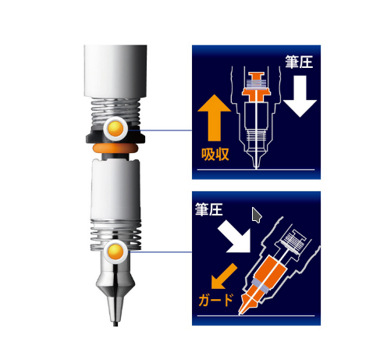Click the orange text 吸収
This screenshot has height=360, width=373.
coord(215,155)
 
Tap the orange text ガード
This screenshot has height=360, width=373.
coord(215,300)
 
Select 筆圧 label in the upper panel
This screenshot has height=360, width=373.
coord(299,62)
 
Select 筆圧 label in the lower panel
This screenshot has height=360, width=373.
coord(209,209)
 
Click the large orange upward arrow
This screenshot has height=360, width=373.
coord(215,118)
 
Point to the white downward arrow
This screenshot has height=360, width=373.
coord(300,96)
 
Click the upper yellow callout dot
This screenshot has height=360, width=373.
coord(115,129)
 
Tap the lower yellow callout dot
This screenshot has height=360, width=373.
coord(115,252)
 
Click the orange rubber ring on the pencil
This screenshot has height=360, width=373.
coord(115,148)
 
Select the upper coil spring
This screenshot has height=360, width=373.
coord(115,112)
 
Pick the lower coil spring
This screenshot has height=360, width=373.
coord(116,235)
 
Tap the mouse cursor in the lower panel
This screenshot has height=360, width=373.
coord(257,215)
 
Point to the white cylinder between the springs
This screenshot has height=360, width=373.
coord(115,190)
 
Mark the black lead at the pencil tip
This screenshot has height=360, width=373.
coord(115,324)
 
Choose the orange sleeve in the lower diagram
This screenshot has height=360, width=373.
coord(264,280)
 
